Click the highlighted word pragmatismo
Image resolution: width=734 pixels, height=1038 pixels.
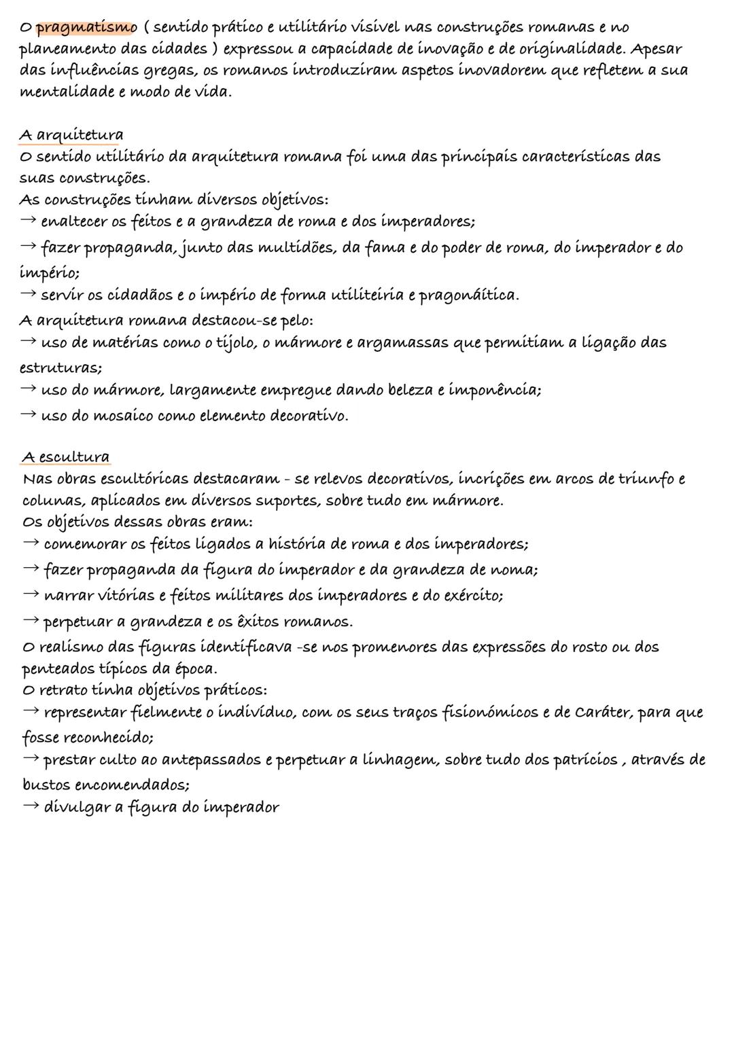point(86,28)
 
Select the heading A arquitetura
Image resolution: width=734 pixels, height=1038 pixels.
point(71,135)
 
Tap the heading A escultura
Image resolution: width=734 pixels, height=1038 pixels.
point(66,457)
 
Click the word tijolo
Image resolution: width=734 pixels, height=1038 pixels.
point(234,343)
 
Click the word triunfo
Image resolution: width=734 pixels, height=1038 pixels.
point(646,479)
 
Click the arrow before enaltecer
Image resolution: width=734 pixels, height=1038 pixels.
point(28,221)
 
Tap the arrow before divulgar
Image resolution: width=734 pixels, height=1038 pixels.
point(31,808)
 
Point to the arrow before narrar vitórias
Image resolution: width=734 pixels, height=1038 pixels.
point(31,595)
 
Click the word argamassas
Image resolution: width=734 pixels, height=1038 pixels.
point(399,343)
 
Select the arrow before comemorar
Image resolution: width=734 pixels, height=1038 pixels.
point(31,544)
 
